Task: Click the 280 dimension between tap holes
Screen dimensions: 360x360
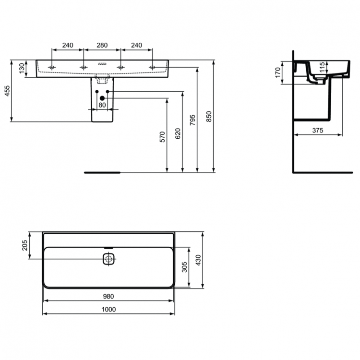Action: point(102,46)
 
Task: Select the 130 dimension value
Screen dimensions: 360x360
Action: point(22,68)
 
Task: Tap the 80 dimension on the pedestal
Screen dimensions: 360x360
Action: point(102,105)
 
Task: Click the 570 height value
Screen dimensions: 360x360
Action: point(163,137)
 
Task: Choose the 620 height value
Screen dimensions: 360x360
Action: point(178,133)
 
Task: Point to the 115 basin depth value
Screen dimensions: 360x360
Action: point(323,68)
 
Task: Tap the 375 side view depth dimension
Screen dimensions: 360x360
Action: point(317,130)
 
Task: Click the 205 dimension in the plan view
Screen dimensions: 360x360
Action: point(25,246)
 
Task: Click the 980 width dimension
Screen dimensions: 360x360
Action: point(109,296)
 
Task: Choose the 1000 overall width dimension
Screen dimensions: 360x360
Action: point(109,310)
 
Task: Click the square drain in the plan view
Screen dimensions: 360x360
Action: point(109,259)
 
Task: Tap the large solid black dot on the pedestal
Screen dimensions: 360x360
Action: point(102,98)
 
